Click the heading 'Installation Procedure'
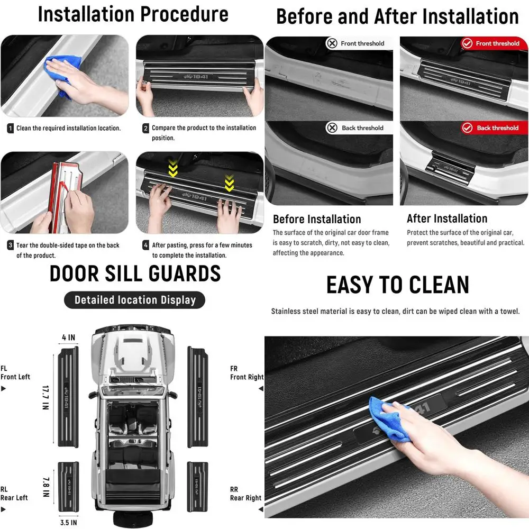click(133, 14)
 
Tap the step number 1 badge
click(11, 128)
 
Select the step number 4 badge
click(145, 245)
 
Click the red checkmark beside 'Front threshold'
click(467, 43)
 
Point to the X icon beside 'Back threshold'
click(332, 127)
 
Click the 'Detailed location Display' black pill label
click(134, 300)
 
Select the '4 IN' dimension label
click(68, 337)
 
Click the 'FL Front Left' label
click(15, 373)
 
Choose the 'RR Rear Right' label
click(245, 494)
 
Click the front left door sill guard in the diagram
click(68, 397)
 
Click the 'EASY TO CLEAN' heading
click(397, 285)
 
